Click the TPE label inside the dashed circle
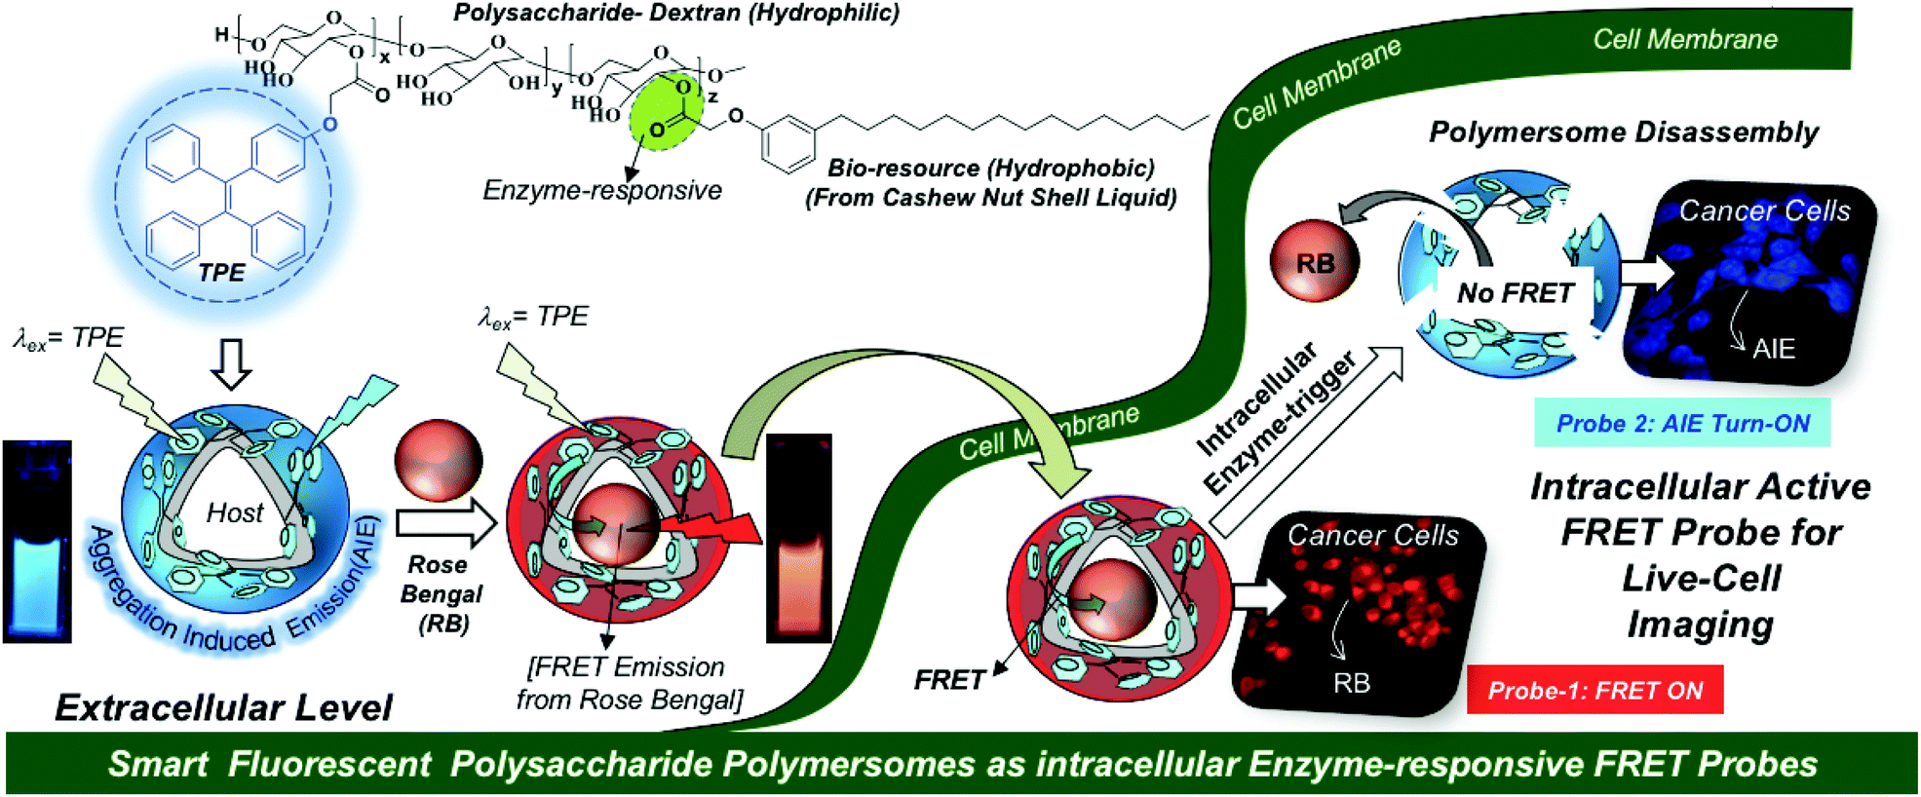click(x=221, y=274)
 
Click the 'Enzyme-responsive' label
click(x=602, y=190)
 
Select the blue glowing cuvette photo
click(x=37, y=542)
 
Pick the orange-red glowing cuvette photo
click(x=799, y=539)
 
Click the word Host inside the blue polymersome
click(x=235, y=512)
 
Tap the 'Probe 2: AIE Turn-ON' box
click(x=1682, y=423)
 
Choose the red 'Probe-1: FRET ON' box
click(x=1594, y=690)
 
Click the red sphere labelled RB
click(x=1315, y=263)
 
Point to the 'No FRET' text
click(x=1515, y=293)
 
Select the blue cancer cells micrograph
click(x=1749, y=283)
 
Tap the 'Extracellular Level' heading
click(x=223, y=707)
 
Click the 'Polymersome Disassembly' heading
click(x=1624, y=133)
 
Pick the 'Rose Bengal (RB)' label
click(x=442, y=593)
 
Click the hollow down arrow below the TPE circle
click(x=232, y=363)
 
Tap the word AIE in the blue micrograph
click(x=1773, y=349)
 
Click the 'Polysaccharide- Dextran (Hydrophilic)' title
click(x=676, y=14)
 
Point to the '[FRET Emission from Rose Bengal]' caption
click(x=629, y=683)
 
